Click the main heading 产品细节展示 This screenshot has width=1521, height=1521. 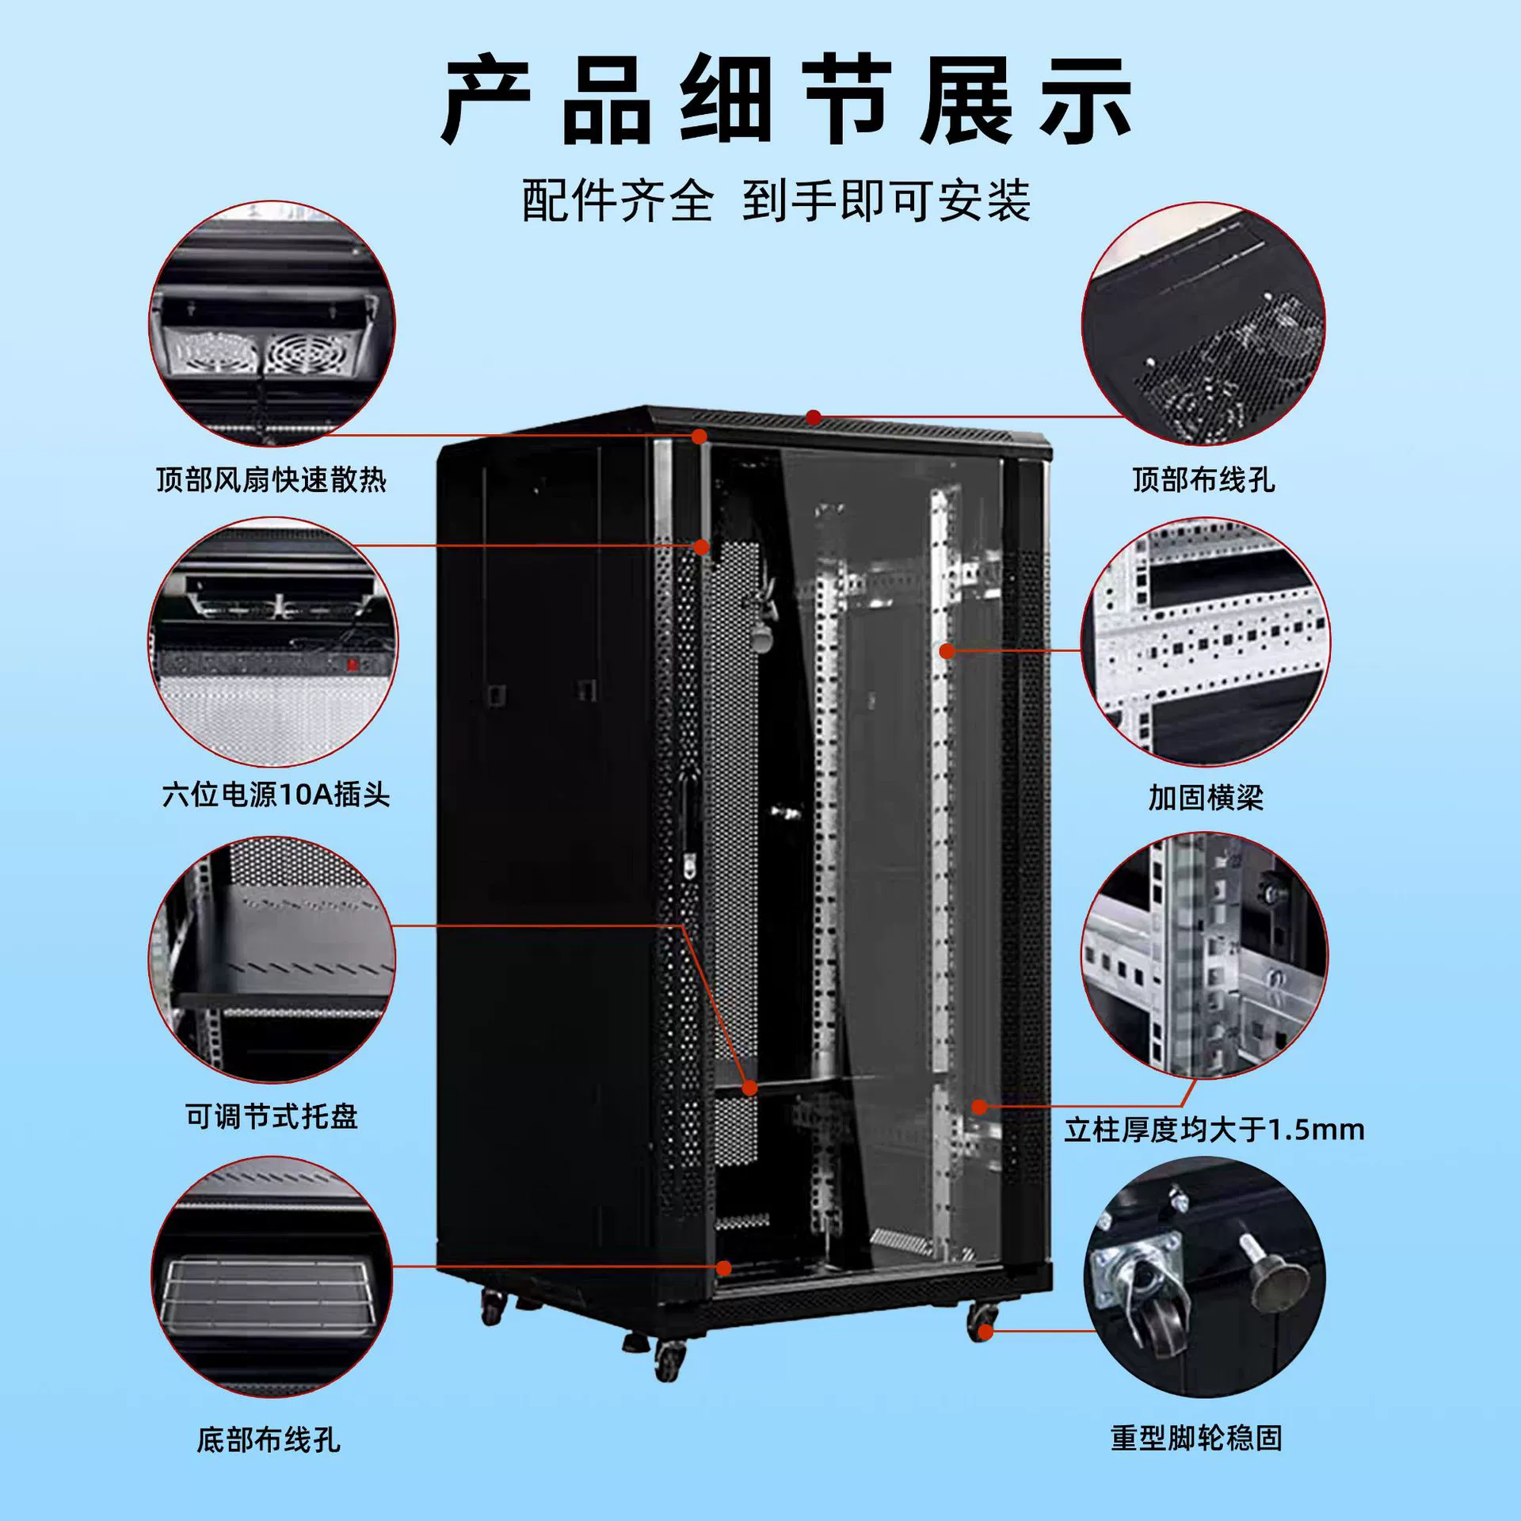click(786, 101)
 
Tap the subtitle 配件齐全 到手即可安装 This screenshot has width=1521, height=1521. click(776, 200)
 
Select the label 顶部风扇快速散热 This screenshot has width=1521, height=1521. click(271, 480)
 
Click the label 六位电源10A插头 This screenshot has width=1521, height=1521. click(276, 794)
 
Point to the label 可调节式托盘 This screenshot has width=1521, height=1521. click(272, 1116)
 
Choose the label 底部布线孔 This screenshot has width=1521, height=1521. click(269, 1439)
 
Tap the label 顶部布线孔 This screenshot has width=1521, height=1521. click(1203, 480)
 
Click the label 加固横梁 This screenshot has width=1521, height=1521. click(1206, 798)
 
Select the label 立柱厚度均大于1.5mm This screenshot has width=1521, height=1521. click(1214, 1130)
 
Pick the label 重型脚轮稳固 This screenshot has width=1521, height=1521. click(1196, 1437)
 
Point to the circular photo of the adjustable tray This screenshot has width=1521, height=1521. click(272, 959)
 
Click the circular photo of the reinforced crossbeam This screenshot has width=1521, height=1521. click(1206, 642)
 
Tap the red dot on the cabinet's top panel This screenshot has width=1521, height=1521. click(814, 417)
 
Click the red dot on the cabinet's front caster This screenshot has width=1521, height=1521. click(985, 1332)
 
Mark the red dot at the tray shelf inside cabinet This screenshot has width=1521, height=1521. click(749, 1088)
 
